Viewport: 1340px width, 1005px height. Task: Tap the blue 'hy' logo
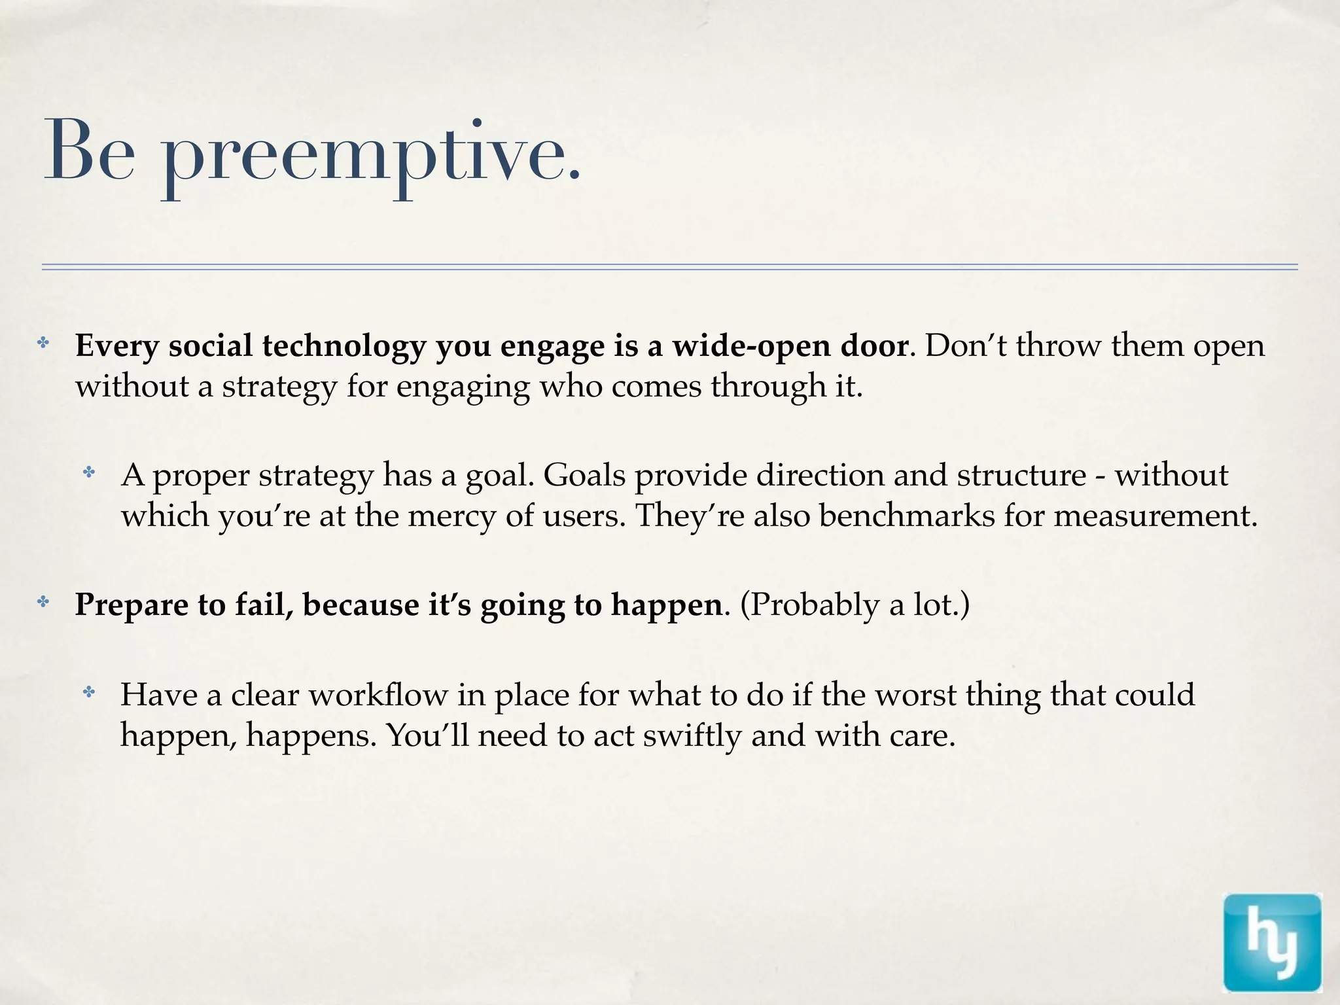pos(1271,943)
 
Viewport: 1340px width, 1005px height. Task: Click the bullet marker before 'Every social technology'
pos(43,343)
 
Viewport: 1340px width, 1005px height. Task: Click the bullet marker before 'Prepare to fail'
pos(43,602)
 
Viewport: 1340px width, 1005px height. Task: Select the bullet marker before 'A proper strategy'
pos(89,472)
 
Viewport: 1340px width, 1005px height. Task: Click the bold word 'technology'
pos(344,347)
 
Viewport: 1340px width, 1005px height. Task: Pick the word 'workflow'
pos(378,695)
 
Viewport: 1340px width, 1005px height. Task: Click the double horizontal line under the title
pos(670,267)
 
